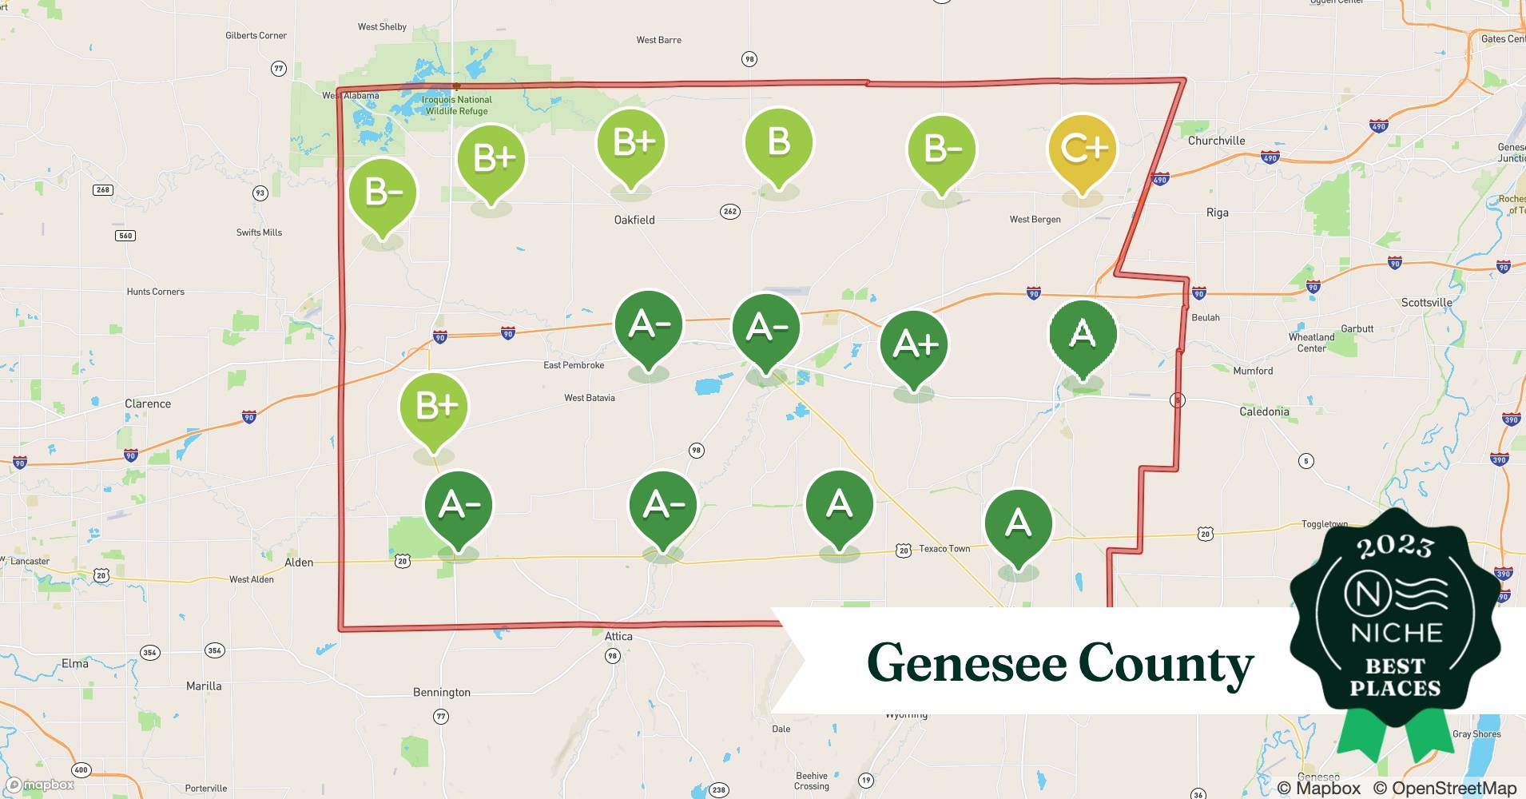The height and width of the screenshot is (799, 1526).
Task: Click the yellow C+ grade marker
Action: (1082, 149)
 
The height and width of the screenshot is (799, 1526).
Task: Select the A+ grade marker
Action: (914, 344)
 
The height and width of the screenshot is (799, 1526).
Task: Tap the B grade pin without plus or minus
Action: (778, 143)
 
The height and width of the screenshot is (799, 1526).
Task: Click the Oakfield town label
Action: (634, 220)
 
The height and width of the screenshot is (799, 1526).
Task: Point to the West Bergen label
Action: (1035, 219)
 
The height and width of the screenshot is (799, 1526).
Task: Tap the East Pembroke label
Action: (574, 365)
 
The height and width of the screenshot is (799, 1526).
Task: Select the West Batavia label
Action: (590, 398)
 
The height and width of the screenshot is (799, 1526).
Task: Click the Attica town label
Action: (618, 637)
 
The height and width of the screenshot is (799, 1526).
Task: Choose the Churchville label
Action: (1216, 141)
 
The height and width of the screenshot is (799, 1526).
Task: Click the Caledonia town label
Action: (1264, 411)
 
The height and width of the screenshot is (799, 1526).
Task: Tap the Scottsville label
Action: (1426, 302)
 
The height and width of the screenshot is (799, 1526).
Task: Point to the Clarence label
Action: (148, 403)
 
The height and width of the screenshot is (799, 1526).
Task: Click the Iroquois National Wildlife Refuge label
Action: (457, 105)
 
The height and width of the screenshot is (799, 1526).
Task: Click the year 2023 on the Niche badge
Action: (1395, 547)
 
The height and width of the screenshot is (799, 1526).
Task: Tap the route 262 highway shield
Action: (729, 212)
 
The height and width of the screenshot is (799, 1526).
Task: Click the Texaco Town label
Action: (944, 549)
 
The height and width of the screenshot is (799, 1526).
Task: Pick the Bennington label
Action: (442, 693)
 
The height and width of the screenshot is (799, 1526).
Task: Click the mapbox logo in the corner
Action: (40, 785)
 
